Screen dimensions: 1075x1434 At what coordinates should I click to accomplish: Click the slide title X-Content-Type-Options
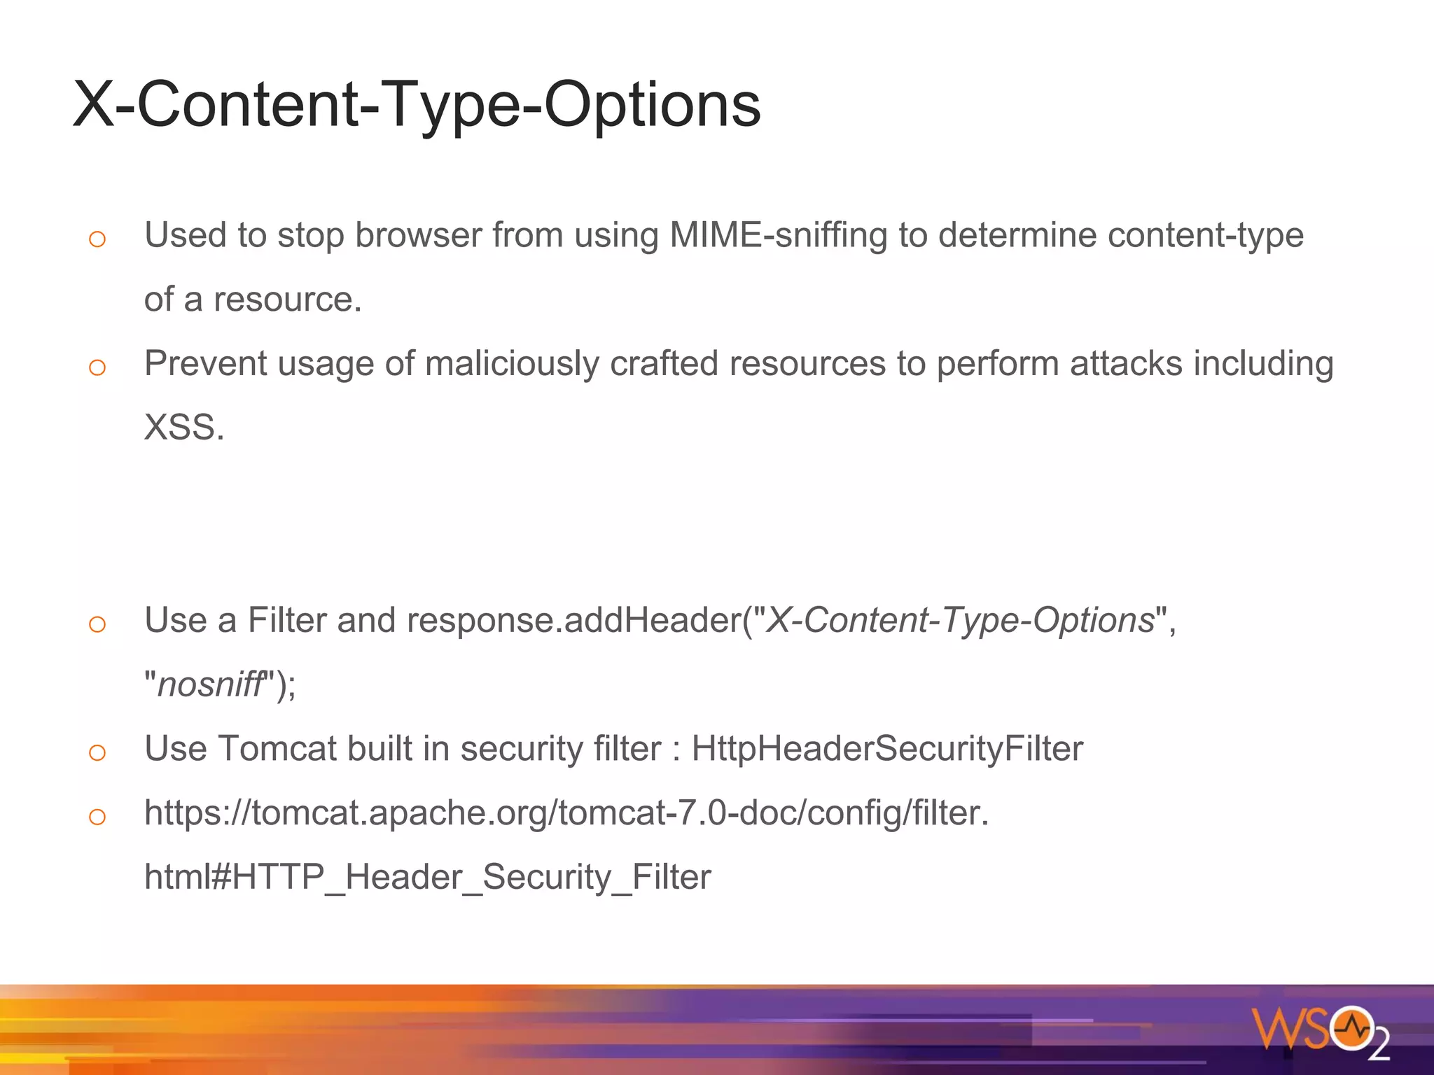point(417,105)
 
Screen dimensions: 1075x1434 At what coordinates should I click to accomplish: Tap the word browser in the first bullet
point(418,235)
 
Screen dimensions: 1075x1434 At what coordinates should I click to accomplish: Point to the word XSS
point(183,428)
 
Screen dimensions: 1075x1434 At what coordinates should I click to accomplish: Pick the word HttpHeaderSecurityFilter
point(887,749)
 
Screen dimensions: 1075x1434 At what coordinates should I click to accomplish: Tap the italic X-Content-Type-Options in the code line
point(960,621)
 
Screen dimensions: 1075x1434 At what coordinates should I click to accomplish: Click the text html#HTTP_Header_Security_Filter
point(427,877)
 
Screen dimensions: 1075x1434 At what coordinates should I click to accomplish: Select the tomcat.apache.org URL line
point(566,813)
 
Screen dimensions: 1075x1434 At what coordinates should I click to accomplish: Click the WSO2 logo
point(1320,1031)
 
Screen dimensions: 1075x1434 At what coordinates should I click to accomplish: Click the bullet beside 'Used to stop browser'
point(97,239)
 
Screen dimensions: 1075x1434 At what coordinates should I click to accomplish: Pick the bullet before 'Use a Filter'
point(97,624)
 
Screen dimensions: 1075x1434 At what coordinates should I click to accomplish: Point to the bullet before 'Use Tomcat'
point(97,753)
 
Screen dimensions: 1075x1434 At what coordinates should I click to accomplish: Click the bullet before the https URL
point(97,817)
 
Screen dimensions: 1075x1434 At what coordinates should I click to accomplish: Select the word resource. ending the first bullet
point(287,300)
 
